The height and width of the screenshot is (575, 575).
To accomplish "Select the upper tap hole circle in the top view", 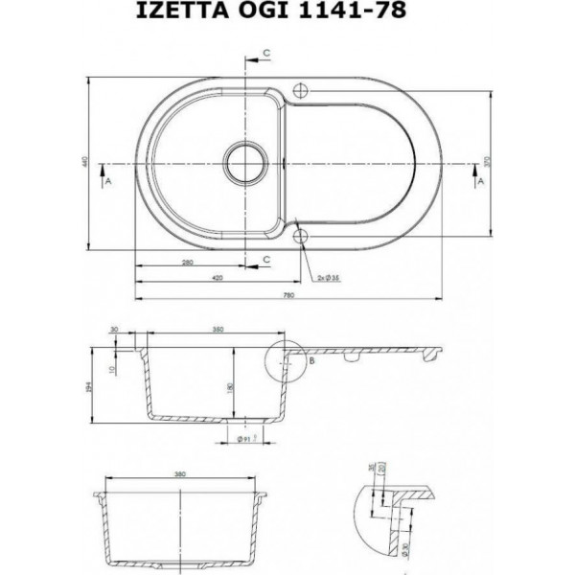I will pyautogui.click(x=299, y=88).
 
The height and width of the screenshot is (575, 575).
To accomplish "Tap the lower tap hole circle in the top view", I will pyautogui.click(x=300, y=235).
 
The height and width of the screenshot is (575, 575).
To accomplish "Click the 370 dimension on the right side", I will pyautogui.click(x=489, y=163).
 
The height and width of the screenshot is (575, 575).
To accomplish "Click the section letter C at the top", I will pyautogui.click(x=266, y=50).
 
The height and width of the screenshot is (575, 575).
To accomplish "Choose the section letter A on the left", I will pyautogui.click(x=108, y=179).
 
